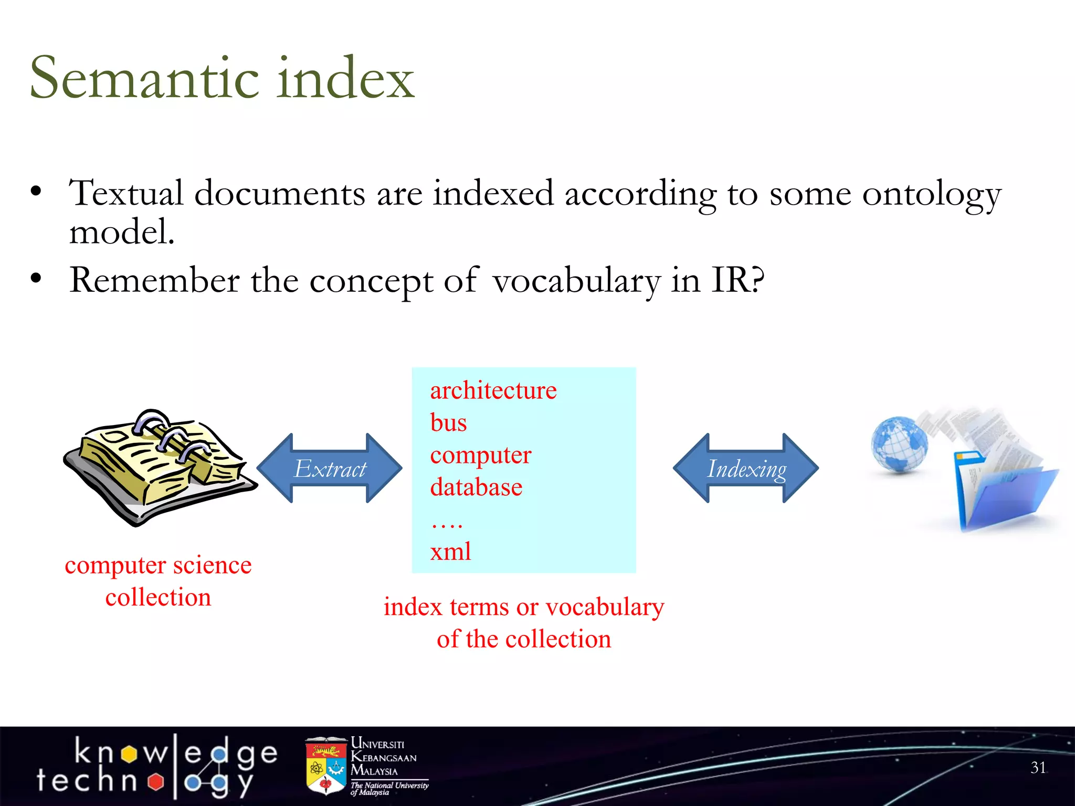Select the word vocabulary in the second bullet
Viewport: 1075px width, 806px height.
pyautogui.click(x=576, y=281)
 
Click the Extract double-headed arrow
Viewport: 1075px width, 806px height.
pyautogui.click(x=330, y=468)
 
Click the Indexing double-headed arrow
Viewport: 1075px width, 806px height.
pyautogui.click(x=746, y=468)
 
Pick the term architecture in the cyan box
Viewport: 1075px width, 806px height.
pyautogui.click(x=493, y=391)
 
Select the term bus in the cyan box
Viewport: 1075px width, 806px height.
pyautogui.click(x=448, y=423)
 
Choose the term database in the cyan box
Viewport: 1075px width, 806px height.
pyautogui.click(x=476, y=487)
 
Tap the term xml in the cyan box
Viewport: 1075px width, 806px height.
pyautogui.click(x=450, y=552)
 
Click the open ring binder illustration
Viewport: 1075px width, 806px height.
pyautogui.click(x=160, y=467)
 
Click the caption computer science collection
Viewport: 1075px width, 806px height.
pyautogui.click(x=158, y=581)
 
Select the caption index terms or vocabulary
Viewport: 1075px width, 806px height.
pyautogui.click(x=523, y=608)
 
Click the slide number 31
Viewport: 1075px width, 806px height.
pyautogui.click(x=1038, y=768)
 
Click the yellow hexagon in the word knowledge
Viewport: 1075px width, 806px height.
pyautogui.click(x=129, y=754)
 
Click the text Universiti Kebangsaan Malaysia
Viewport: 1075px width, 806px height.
pyautogui.click(x=383, y=757)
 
